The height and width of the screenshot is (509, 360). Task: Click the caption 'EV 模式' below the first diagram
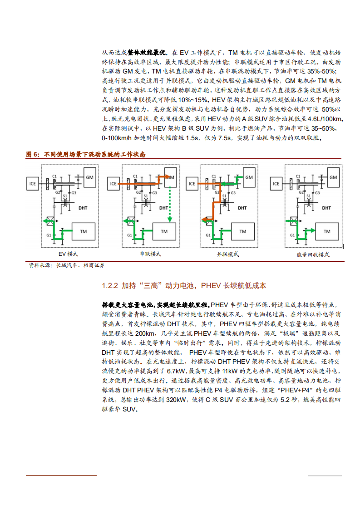pos(69,254)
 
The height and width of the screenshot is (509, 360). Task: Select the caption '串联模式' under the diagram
pos(150,254)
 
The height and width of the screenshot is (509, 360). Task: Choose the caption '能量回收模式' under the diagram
pos(313,255)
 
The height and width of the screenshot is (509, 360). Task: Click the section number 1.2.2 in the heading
pos(110,286)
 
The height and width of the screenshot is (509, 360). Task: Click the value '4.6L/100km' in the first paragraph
pos(324,119)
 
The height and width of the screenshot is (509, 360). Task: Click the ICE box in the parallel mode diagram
pos(192,184)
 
